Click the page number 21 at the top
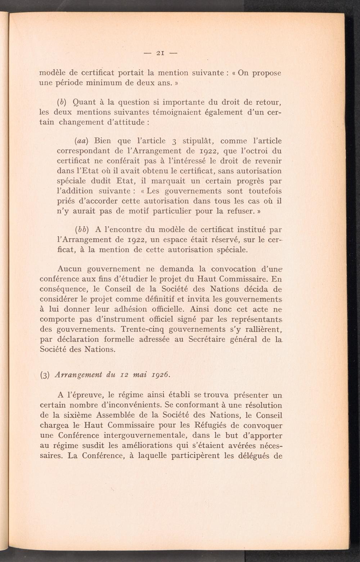tap(160, 53)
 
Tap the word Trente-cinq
tap(143, 329)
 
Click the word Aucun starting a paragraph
tap(69, 269)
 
